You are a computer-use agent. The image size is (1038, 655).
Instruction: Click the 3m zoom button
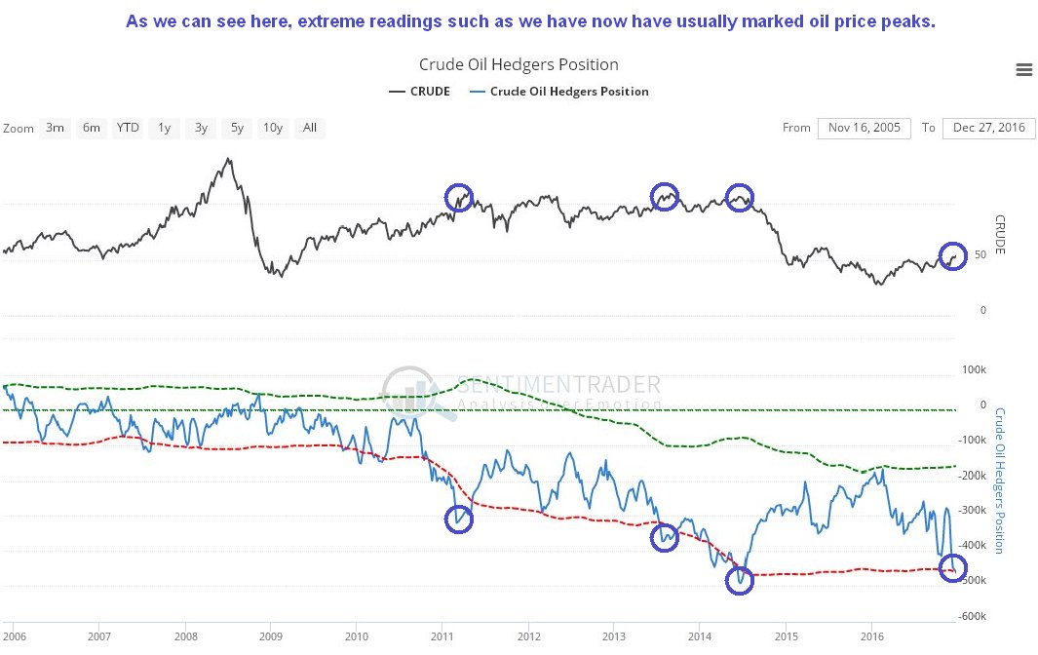(55, 128)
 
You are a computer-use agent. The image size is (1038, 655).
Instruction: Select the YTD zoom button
(128, 128)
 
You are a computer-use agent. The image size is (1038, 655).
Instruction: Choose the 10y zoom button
(273, 128)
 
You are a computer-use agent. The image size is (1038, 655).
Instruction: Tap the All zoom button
(310, 128)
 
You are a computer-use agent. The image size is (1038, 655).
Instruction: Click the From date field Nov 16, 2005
(865, 128)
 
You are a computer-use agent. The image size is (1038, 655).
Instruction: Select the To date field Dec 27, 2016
(989, 128)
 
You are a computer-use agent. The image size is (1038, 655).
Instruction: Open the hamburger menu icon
(1023, 69)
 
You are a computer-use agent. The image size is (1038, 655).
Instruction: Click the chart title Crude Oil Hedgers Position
(519, 64)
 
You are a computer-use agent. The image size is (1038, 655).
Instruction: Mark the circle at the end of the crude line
(952, 256)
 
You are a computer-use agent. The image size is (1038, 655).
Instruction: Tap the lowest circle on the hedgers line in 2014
(740, 581)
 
